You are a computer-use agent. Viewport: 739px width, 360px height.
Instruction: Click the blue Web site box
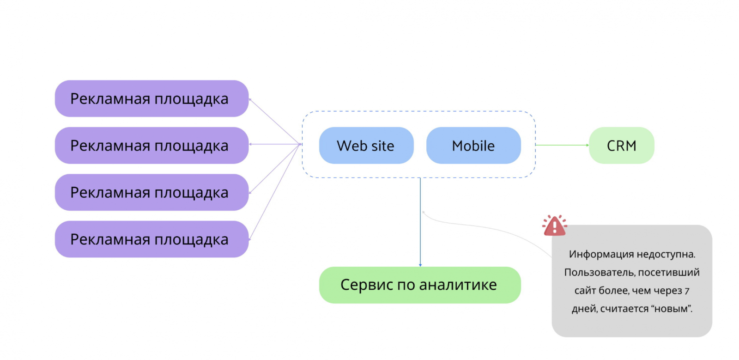[366, 146]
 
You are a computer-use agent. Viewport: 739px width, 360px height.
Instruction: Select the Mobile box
[473, 146]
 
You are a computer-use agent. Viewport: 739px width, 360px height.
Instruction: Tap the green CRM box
[621, 146]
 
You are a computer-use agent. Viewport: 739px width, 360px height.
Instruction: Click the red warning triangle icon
[554, 226]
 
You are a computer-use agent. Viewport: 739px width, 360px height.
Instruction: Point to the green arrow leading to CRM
[562, 145]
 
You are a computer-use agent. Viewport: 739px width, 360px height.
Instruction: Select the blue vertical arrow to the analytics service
[420, 222]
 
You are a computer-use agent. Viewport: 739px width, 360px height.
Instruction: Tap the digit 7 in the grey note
[687, 291]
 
